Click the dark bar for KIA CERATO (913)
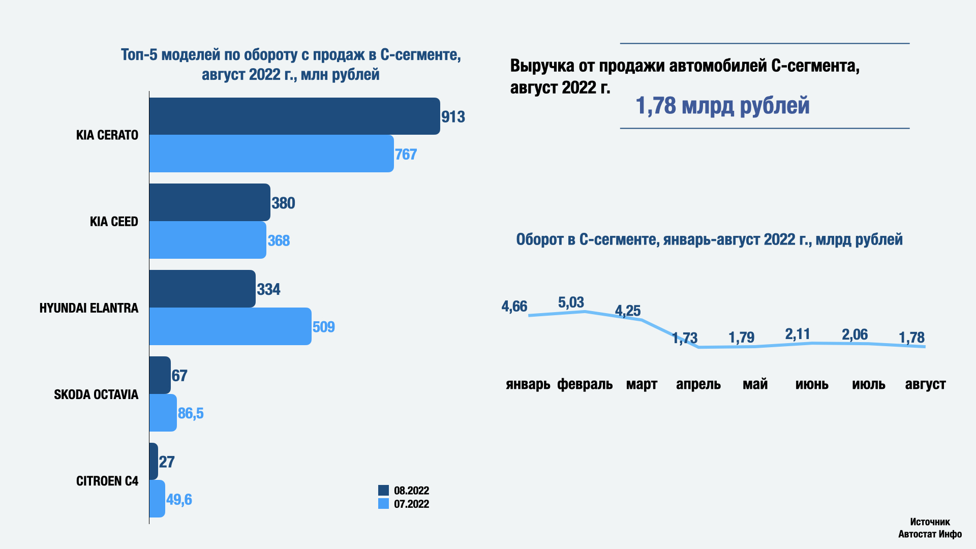point(294,116)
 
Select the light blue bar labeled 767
point(271,154)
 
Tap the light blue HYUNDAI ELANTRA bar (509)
point(230,326)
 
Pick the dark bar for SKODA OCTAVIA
point(160,375)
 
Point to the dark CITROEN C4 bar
point(154,461)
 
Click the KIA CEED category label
point(114,222)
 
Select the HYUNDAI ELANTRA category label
point(89,308)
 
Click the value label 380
point(283,203)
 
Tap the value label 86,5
point(191,413)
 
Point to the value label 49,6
point(179,500)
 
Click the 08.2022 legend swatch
point(383,491)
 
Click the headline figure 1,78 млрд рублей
point(722,106)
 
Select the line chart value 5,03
point(571,302)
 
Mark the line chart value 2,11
point(798,334)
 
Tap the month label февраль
point(585,384)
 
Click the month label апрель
point(698,384)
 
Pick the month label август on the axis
point(925,384)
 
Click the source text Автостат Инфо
point(930,534)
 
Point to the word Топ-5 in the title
point(139,55)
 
